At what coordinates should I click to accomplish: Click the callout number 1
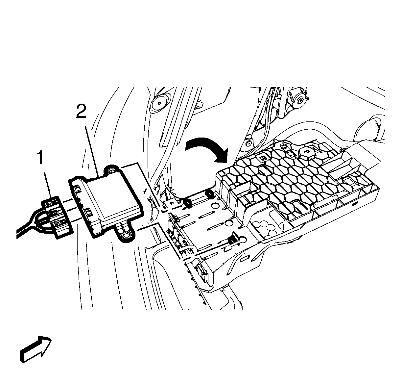(x=40, y=158)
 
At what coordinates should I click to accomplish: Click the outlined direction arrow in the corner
(x=35, y=349)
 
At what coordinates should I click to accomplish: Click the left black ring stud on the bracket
(x=188, y=203)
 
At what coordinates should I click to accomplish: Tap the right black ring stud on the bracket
(x=209, y=195)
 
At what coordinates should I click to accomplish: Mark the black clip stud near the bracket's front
(x=233, y=240)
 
